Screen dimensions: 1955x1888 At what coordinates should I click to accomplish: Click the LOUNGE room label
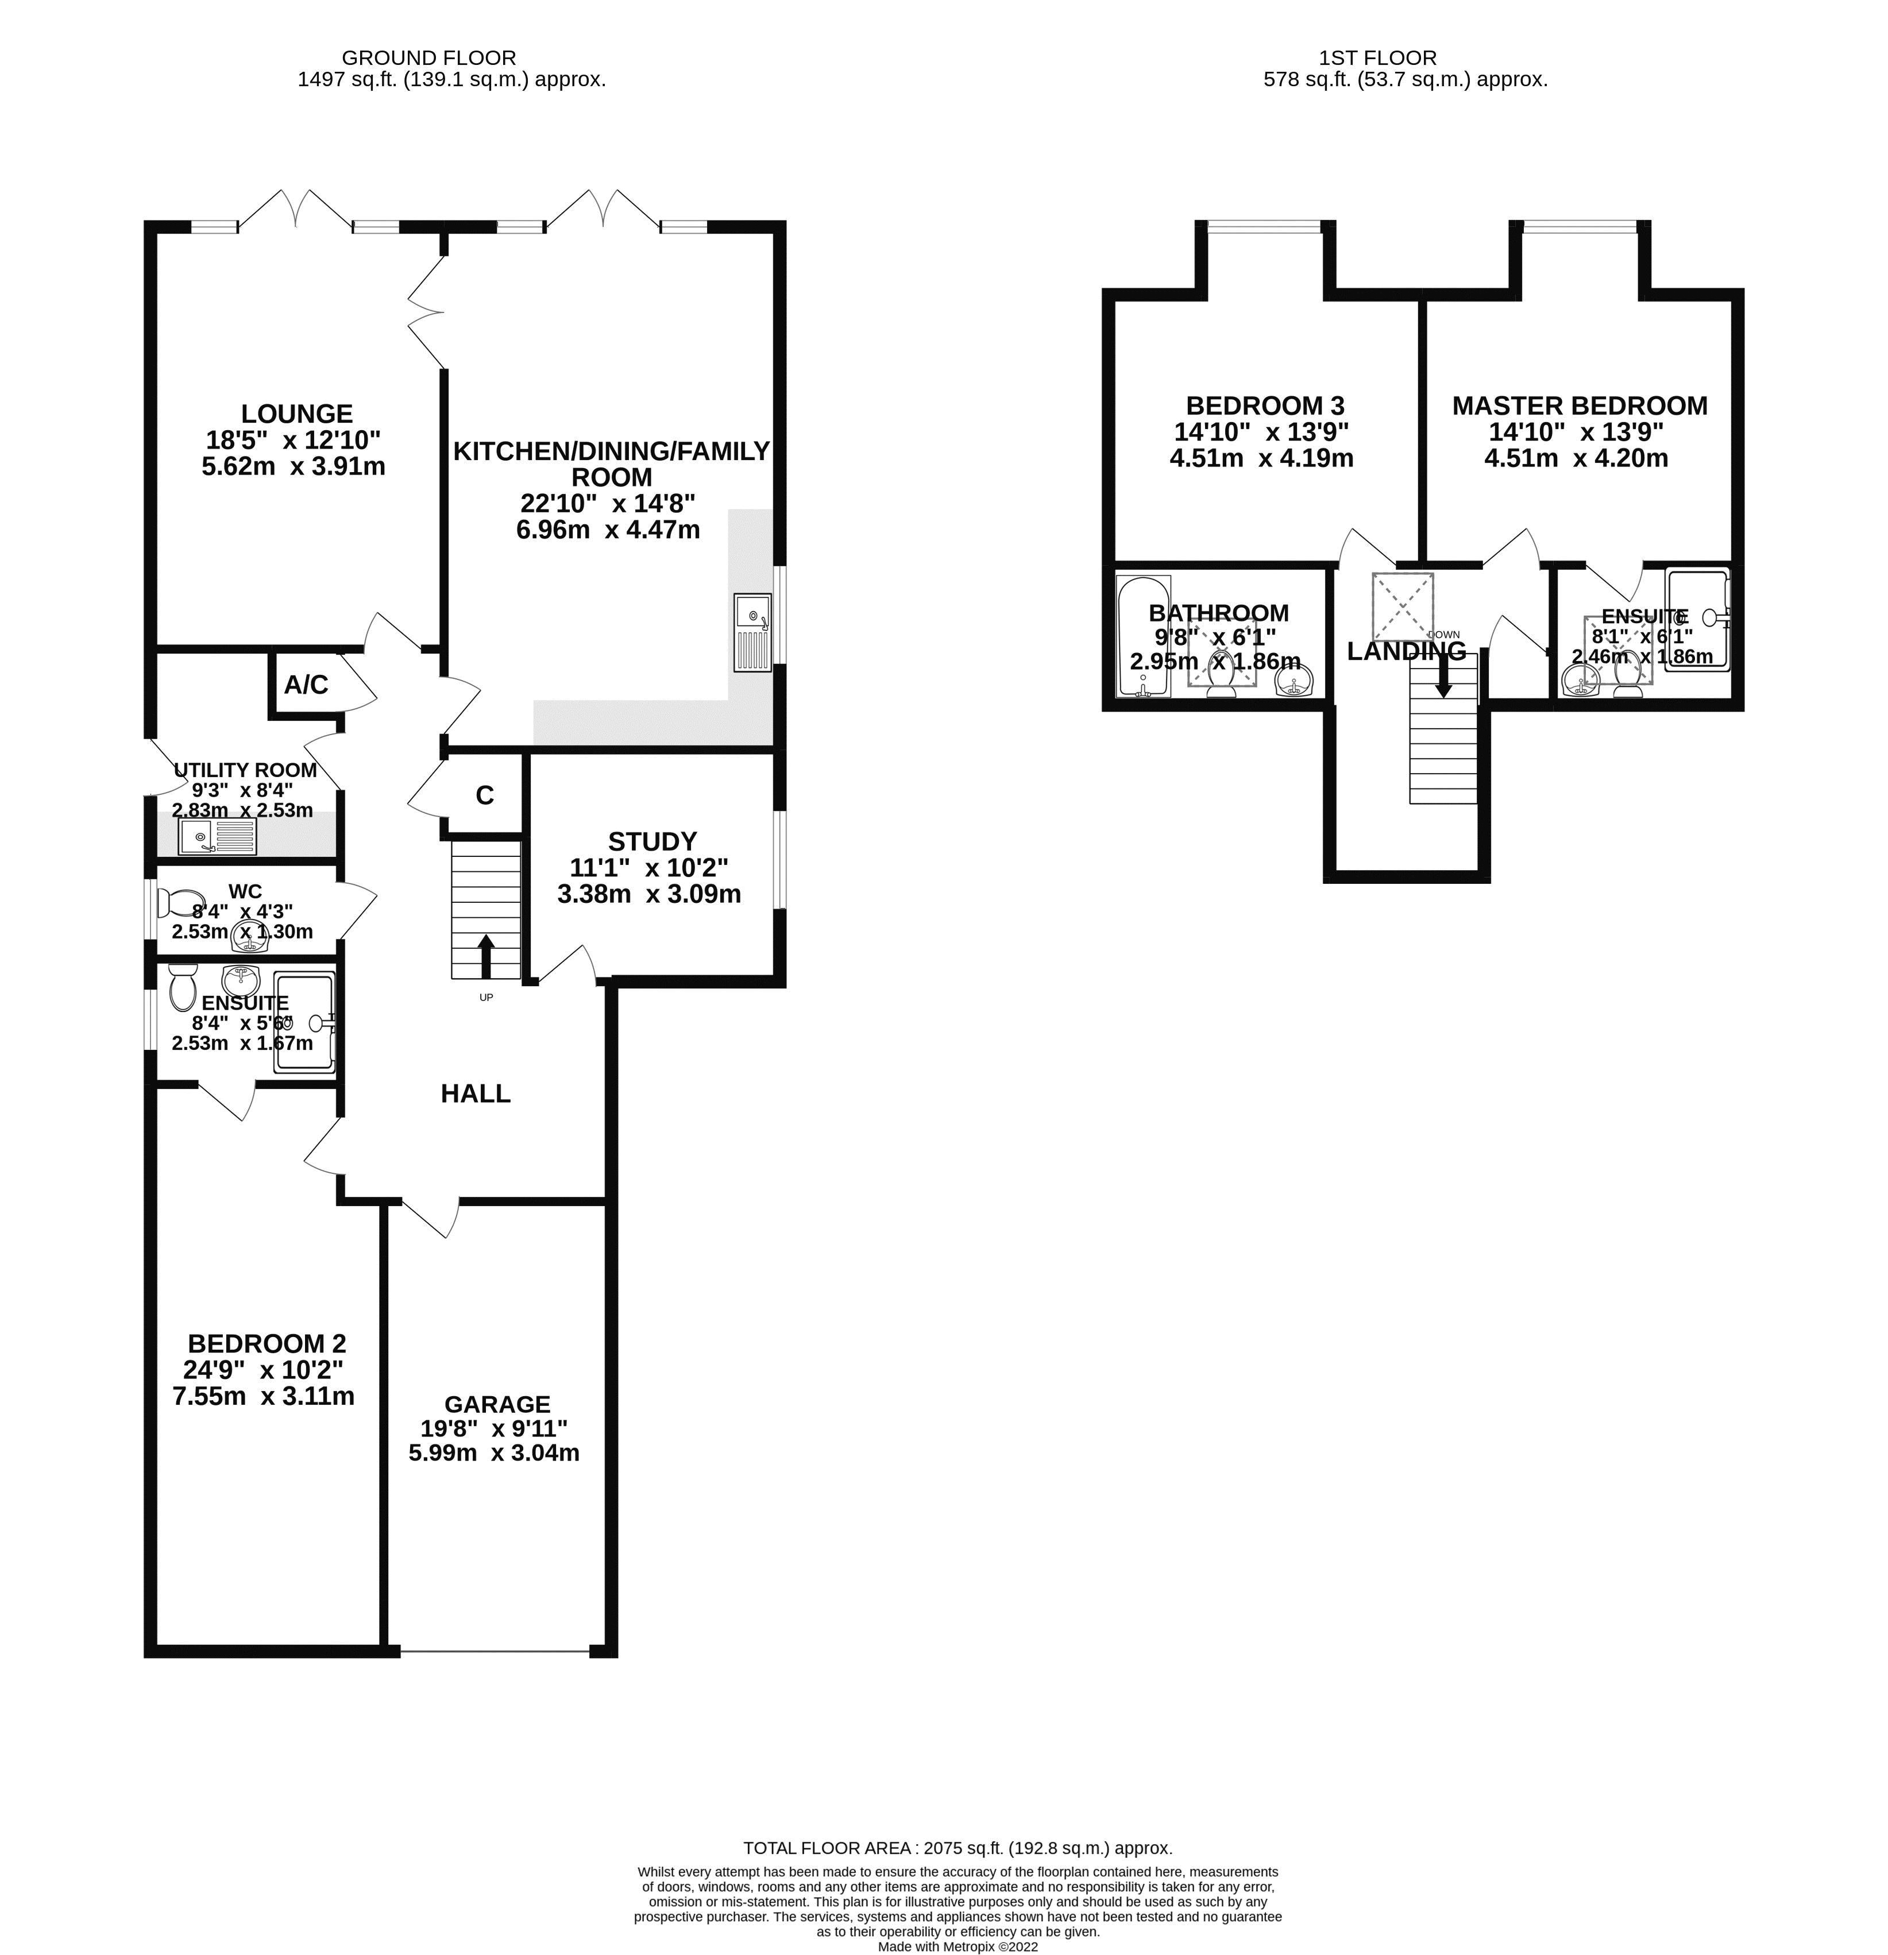296,413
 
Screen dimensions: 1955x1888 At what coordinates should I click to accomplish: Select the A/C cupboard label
306,684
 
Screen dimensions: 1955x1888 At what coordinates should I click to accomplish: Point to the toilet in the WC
180,903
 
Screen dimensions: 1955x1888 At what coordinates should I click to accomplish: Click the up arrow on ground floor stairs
486,956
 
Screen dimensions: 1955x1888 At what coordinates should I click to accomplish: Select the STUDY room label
653,841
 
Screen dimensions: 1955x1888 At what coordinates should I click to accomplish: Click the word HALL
476,1093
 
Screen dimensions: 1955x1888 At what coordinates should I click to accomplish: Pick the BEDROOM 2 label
267,1343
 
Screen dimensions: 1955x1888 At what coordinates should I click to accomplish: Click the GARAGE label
497,1404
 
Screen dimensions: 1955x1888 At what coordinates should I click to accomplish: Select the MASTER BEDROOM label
1579,406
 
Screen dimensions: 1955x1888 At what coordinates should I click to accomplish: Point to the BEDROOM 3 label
1265,406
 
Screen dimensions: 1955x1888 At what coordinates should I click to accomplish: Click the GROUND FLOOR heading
429,58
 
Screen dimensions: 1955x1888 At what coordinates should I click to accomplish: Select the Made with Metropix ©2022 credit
957,1946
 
